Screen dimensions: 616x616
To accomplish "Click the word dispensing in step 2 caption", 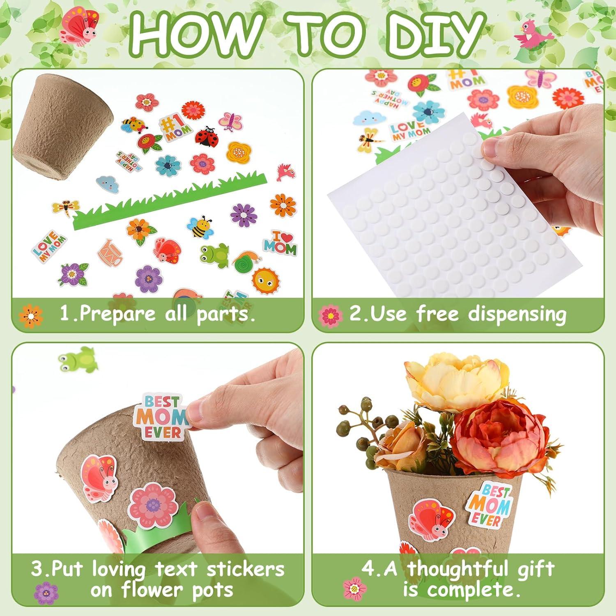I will [517, 314].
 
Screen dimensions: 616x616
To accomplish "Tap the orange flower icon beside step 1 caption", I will [31, 315].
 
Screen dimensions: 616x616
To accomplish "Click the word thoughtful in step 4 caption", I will [480, 569].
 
